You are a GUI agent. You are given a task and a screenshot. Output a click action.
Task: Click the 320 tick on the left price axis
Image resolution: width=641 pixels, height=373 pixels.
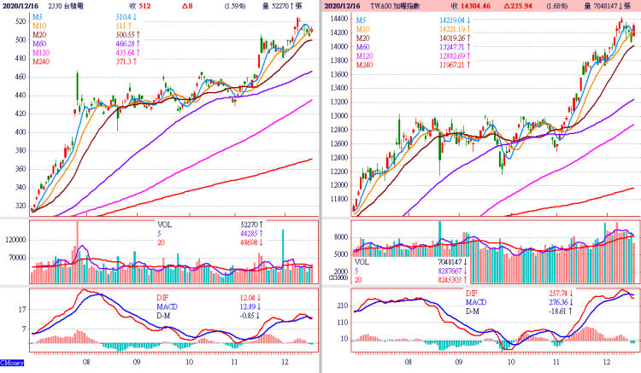16,206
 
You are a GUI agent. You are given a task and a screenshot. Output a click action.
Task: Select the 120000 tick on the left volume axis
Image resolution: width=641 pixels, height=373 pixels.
15,242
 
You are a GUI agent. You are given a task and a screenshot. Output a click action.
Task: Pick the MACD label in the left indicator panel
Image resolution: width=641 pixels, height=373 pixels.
168,306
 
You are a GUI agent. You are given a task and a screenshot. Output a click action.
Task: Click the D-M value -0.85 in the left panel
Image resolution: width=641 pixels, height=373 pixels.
246,315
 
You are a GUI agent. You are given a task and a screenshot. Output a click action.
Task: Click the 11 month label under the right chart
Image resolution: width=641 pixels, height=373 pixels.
556,361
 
